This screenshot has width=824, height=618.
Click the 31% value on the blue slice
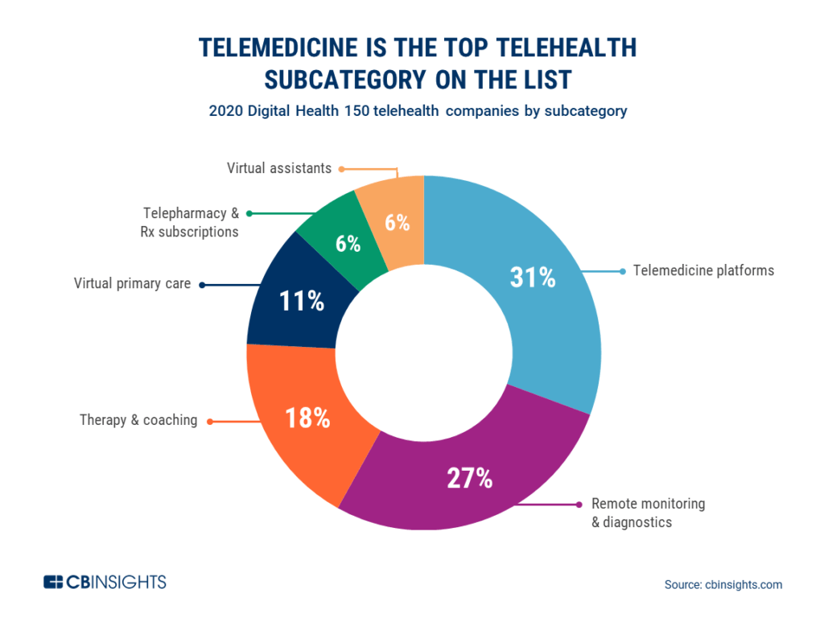click(x=533, y=278)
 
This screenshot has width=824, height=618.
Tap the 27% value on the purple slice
click(x=469, y=478)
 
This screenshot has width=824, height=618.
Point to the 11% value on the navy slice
click(x=302, y=302)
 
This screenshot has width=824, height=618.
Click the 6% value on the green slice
click(x=348, y=244)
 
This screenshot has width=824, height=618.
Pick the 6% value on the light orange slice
click(x=397, y=223)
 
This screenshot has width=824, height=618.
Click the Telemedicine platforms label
click(x=703, y=270)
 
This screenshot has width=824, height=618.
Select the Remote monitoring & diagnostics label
click(x=648, y=513)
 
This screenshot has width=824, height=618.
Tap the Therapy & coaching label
click(x=138, y=420)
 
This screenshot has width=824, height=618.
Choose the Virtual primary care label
click(x=133, y=283)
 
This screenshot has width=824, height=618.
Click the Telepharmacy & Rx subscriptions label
click(x=191, y=222)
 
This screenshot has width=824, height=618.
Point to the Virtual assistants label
click(x=279, y=168)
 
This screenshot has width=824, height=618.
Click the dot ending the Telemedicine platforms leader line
click(x=622, y=270)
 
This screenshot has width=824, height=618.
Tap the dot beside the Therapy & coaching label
click(x=210, y=421)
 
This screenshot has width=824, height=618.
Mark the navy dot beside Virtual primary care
click(x=201, y=284)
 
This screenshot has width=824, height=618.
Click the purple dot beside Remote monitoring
click(x=579, y=505)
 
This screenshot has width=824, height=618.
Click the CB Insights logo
click(x=105, y=582)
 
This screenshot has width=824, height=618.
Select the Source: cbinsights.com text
click(x=723, y=585)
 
